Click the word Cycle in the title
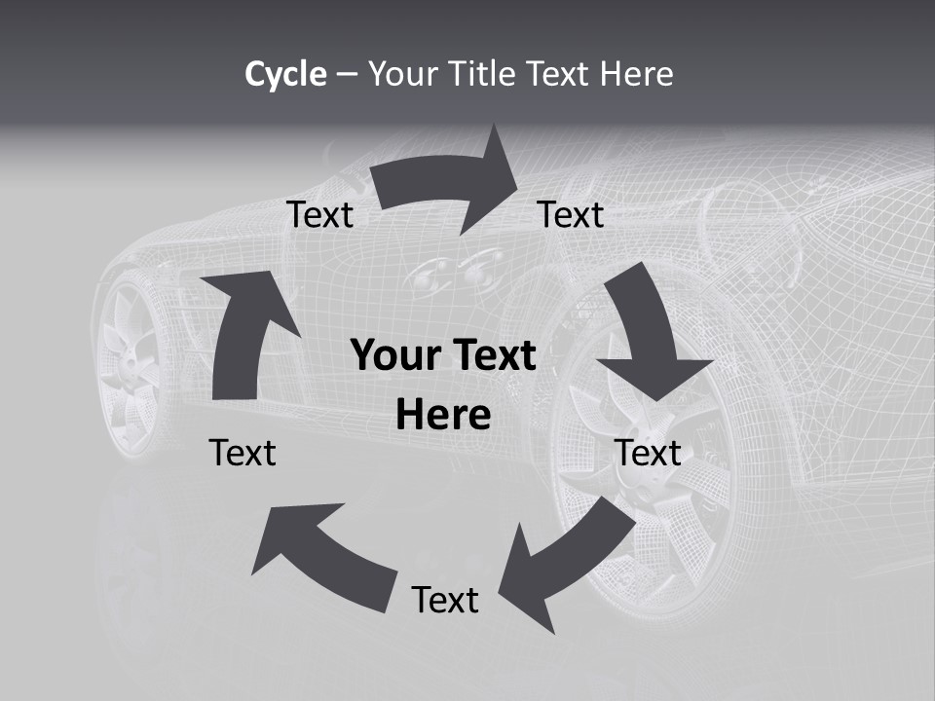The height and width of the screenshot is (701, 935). pos(285,74)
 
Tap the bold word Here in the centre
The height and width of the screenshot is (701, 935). pos(443,416)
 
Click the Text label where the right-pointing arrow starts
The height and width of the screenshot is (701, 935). pos(319,215)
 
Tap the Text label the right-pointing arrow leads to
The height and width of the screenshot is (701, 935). pos(571,215)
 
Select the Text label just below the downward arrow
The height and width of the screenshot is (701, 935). pos(648,453)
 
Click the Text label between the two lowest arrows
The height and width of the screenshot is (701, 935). pos(445,600)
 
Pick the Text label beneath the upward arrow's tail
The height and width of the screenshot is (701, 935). pos(243,453)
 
